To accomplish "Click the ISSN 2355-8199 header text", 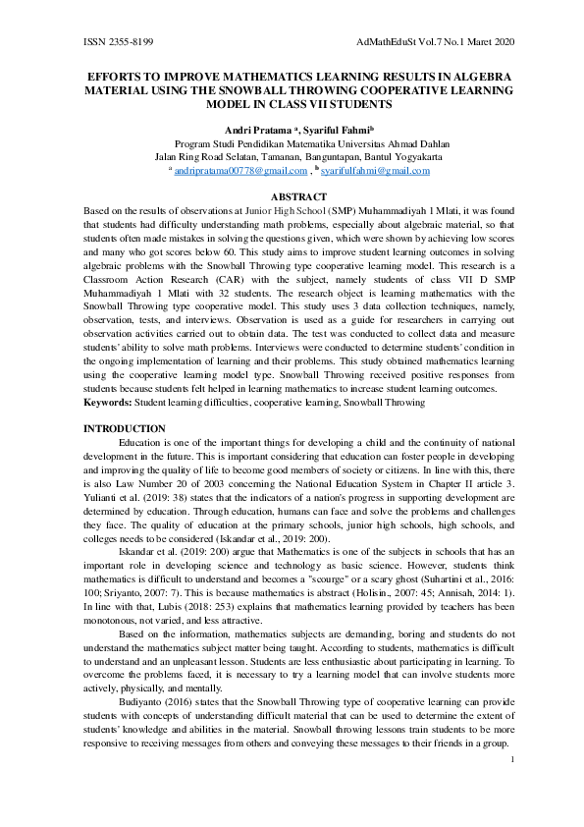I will pyautogui.click(x=118, y=43).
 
